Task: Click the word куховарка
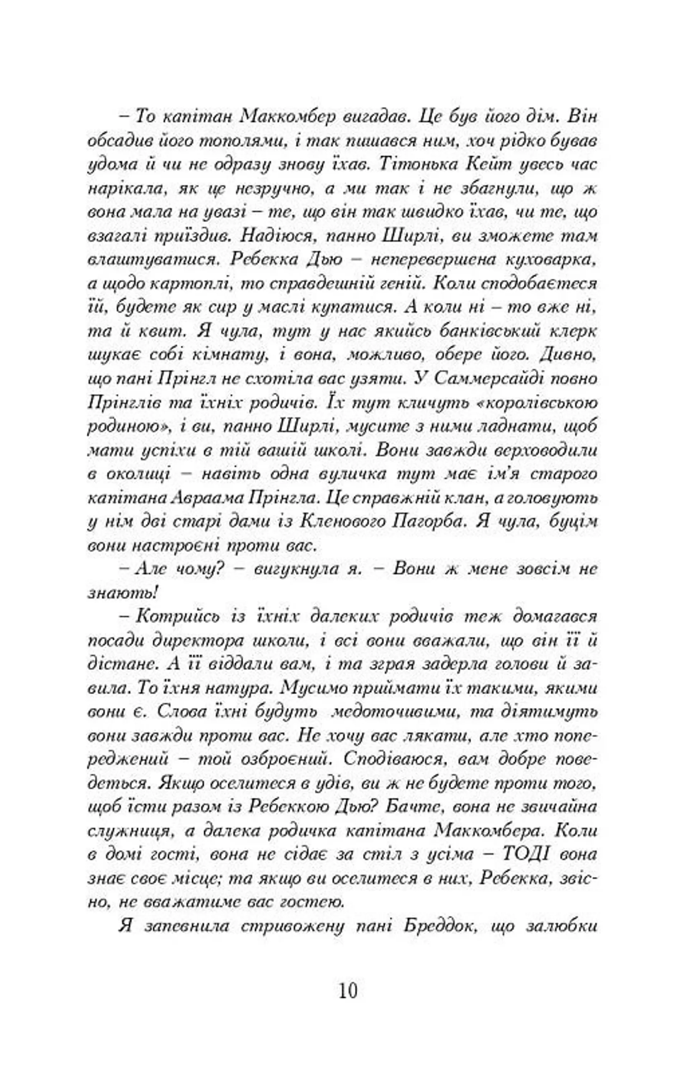[x=551, y=260]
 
